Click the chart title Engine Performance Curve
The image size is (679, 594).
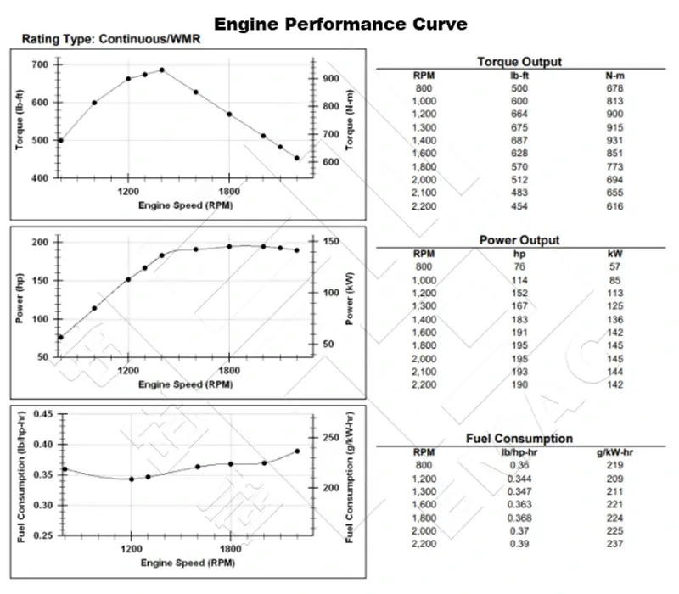(339, 23)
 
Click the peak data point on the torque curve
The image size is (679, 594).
(162, 70)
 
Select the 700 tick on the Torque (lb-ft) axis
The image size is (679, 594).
(40, 64)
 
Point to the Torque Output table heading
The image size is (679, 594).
(519, 62)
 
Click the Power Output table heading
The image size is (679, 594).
(519, 240)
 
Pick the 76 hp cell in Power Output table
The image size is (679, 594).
(519, 266)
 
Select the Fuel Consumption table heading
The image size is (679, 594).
(519, 439)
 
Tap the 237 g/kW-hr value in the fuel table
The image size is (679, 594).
(614, 542)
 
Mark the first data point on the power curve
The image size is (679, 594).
(60, 338)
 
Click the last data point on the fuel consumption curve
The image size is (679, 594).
(297, 451)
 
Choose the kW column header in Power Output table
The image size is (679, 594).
(614, 254)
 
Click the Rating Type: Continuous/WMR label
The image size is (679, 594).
(111, 39)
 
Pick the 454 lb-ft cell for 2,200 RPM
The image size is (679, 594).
(519, 205)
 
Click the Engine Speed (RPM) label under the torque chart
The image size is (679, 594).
(187, 205)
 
